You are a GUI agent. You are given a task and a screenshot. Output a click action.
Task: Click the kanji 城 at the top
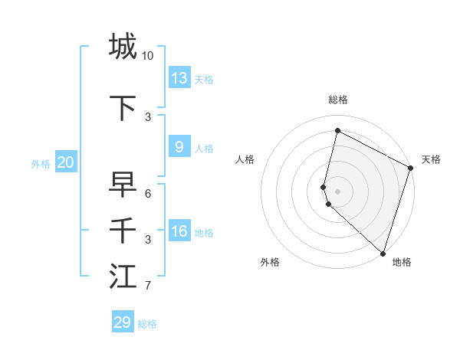(123, 46)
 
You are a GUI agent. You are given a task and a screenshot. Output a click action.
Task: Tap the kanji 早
(123, 185)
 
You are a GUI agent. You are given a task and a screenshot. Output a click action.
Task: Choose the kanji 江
(123, 277)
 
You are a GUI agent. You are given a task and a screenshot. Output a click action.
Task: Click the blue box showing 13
(179, 77)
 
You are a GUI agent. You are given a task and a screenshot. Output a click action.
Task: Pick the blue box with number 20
(66, 162)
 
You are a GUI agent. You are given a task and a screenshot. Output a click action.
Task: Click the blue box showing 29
(123, 322)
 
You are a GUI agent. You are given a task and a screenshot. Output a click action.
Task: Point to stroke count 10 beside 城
(147, 56)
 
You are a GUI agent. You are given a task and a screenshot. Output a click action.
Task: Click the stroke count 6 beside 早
(148, 194)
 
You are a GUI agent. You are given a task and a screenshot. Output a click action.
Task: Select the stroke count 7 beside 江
(148, 286)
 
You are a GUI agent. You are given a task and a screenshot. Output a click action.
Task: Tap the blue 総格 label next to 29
(147, 324)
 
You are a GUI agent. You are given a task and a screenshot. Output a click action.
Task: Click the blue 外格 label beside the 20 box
(41, 163)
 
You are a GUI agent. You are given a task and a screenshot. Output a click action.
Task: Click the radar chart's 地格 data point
(383, 253)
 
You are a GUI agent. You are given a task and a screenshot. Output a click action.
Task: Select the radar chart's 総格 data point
(337, 131)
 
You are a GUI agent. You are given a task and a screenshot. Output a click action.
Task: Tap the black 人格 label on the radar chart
(245, 159)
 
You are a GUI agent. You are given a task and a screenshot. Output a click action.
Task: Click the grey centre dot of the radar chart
(337, 191)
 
